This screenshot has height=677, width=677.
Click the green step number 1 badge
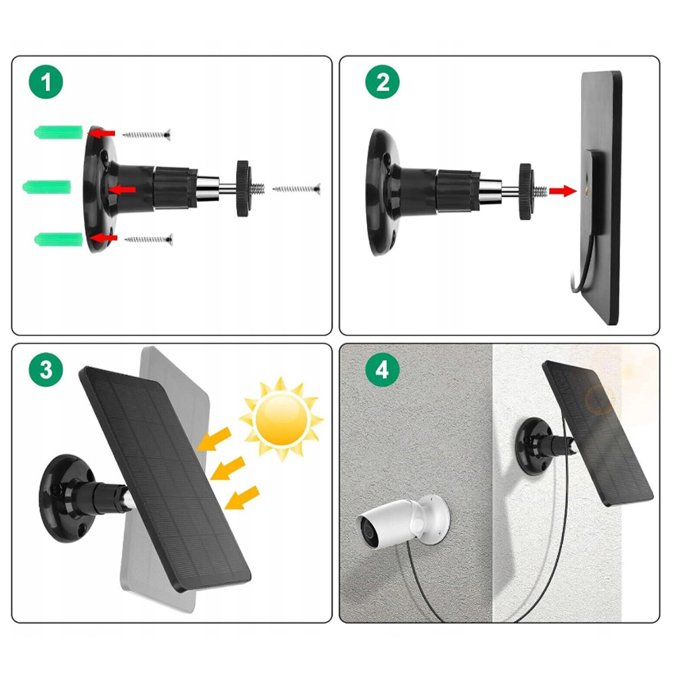coord(46,82)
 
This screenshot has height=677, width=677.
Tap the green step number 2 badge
coord(382,82)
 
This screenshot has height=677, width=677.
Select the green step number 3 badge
coord(46,370)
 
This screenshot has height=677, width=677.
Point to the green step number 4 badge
coord(382,370)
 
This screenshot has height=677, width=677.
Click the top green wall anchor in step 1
coord(59,132)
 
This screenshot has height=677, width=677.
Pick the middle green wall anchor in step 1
coord(47,187)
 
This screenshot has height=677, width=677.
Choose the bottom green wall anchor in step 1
coord(59,239)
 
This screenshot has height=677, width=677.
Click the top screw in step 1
coord(147,135)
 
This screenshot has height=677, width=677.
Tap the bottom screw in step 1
coord(149,240)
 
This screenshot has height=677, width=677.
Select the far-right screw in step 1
coord(297,189)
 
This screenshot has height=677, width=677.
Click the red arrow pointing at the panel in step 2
coord(563,191)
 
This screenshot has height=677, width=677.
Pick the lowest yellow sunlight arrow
coord(242,498)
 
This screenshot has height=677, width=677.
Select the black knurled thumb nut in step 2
coord(525,192)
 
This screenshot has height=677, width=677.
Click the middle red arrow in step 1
coord(122,190)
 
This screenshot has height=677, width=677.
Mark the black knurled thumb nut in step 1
coord(243,189)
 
